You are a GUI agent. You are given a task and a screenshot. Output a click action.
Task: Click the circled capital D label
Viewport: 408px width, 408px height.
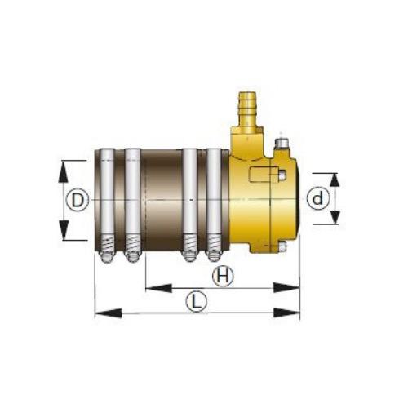[x=77, y=200]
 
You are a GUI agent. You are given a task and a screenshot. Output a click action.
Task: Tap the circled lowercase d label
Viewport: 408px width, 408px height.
[x=318, y=198]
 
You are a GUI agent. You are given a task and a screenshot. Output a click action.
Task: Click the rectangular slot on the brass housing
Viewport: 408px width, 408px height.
[x=266, y=175]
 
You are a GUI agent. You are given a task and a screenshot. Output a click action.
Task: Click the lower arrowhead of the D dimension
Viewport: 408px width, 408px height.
[x=64, y=235]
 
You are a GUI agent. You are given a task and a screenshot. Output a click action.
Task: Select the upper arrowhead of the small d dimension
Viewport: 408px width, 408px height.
[x=335, y=178]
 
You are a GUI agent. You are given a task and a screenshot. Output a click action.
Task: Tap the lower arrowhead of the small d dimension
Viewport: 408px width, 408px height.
[x=335, y=219]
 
